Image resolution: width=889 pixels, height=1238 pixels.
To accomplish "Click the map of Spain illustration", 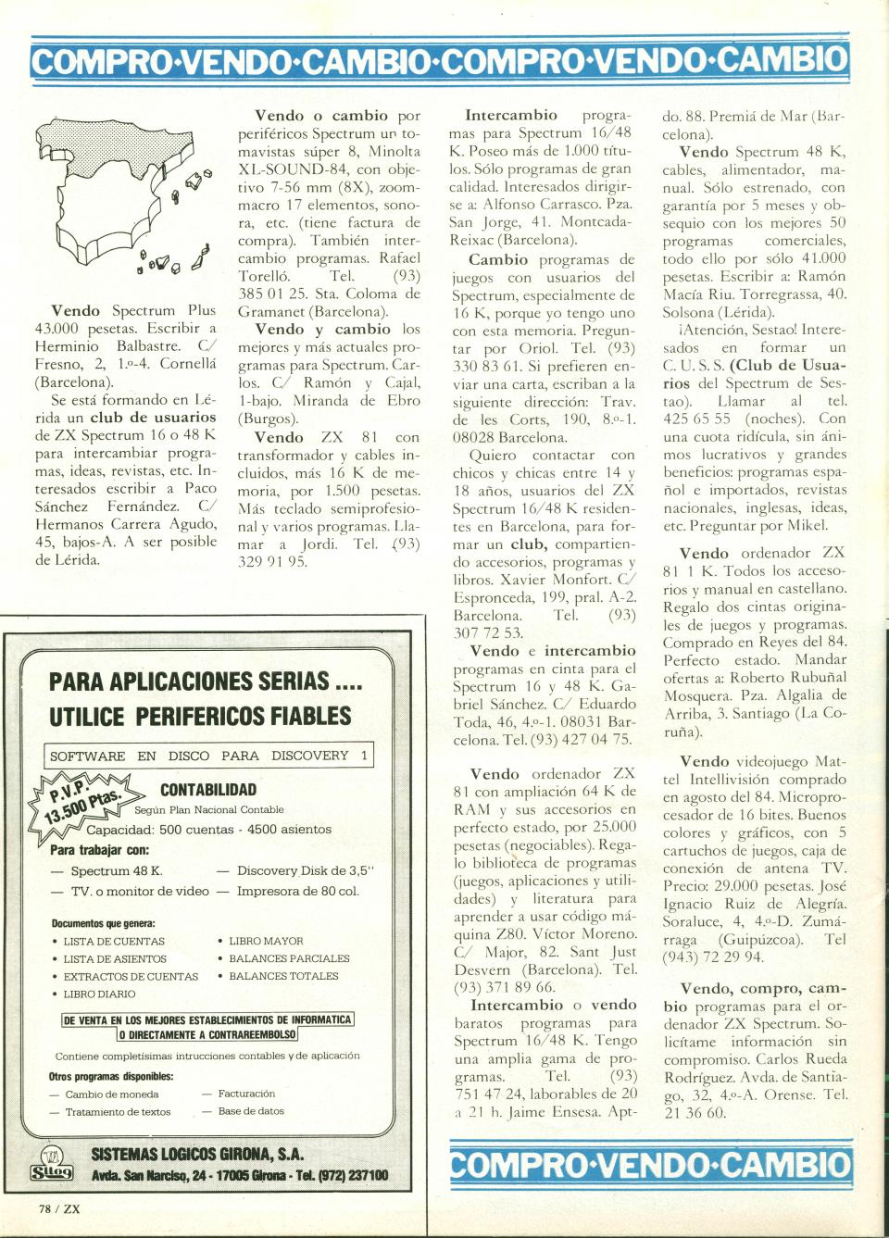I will (120, 199).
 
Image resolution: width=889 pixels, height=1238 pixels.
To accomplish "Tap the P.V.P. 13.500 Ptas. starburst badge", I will (88, 802).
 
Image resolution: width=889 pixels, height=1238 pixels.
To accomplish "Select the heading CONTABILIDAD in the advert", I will (208, 790).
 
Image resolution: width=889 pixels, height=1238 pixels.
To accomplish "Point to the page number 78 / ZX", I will (59, 1207).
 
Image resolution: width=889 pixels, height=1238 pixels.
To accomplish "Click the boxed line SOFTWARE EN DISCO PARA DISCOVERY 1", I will (209, 756).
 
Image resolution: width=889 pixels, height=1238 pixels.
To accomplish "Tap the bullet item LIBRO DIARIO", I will (100, 994).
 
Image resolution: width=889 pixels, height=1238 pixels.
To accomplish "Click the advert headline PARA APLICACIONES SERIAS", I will (205, 682).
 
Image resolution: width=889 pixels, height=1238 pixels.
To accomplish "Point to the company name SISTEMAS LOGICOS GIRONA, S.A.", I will (197, 1155).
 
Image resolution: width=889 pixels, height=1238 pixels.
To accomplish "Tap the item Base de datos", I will (251, 1111).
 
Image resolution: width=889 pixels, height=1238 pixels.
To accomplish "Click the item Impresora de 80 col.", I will (297, 891).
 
